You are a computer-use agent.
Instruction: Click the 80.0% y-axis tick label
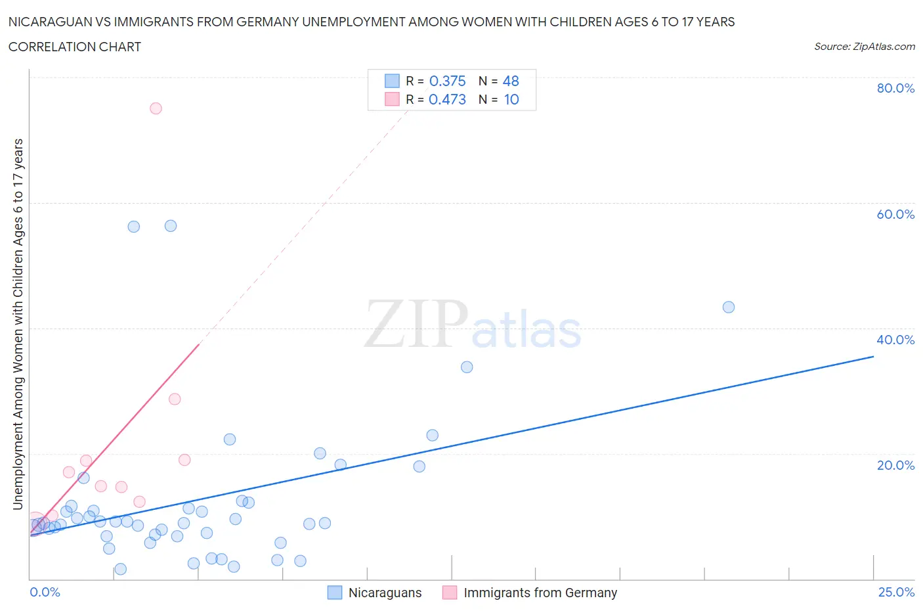[895, 88]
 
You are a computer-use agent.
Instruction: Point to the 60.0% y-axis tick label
[895, 214]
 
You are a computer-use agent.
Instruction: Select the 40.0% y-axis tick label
[895, 340]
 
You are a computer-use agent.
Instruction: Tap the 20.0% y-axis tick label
[895, 465]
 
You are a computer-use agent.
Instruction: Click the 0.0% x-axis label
[45, 592]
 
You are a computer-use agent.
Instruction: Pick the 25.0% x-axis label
[896, 592]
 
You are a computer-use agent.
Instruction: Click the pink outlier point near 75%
[156, 108]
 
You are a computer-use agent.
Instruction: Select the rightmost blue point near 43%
[728, 307]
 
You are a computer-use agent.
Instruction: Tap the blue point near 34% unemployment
[467, 367]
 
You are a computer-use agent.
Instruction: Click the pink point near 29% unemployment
[175, 399]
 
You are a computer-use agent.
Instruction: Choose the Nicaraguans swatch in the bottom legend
[335, 593]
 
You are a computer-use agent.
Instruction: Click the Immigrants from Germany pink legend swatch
[450, 593]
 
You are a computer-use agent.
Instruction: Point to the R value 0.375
[447, 81]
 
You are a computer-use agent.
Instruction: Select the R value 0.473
[447, 99]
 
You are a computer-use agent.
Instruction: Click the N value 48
[511, 81]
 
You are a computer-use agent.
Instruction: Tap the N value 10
[511, 99]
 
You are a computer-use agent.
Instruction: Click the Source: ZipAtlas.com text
[864, 47]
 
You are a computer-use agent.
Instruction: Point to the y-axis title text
[18, 325]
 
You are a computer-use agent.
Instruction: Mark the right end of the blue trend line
[873, 356]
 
